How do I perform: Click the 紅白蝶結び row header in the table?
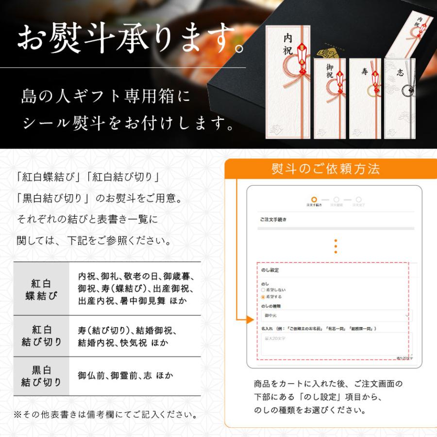(41, 289)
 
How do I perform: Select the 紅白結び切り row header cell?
(41, 336)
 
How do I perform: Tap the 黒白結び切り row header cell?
(41, 376)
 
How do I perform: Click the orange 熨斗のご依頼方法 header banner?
(326, 169)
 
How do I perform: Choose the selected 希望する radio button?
(263, 296)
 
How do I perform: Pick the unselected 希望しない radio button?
(263, 290)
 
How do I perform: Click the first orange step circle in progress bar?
(314, 200)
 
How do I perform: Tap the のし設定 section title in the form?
(270, 269)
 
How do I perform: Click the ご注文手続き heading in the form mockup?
(273, 219)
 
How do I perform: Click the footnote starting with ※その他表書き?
(105, 415)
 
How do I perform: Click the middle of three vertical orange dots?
(335, 246)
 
